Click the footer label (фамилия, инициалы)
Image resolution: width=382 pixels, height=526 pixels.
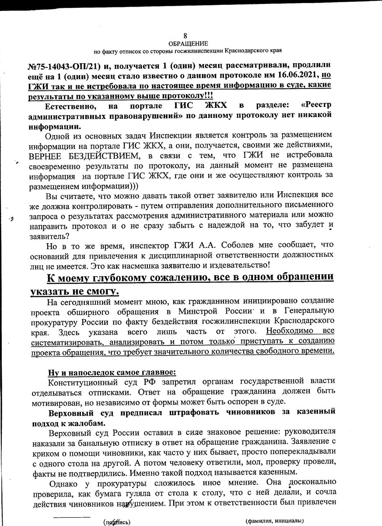tap(275, 521)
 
